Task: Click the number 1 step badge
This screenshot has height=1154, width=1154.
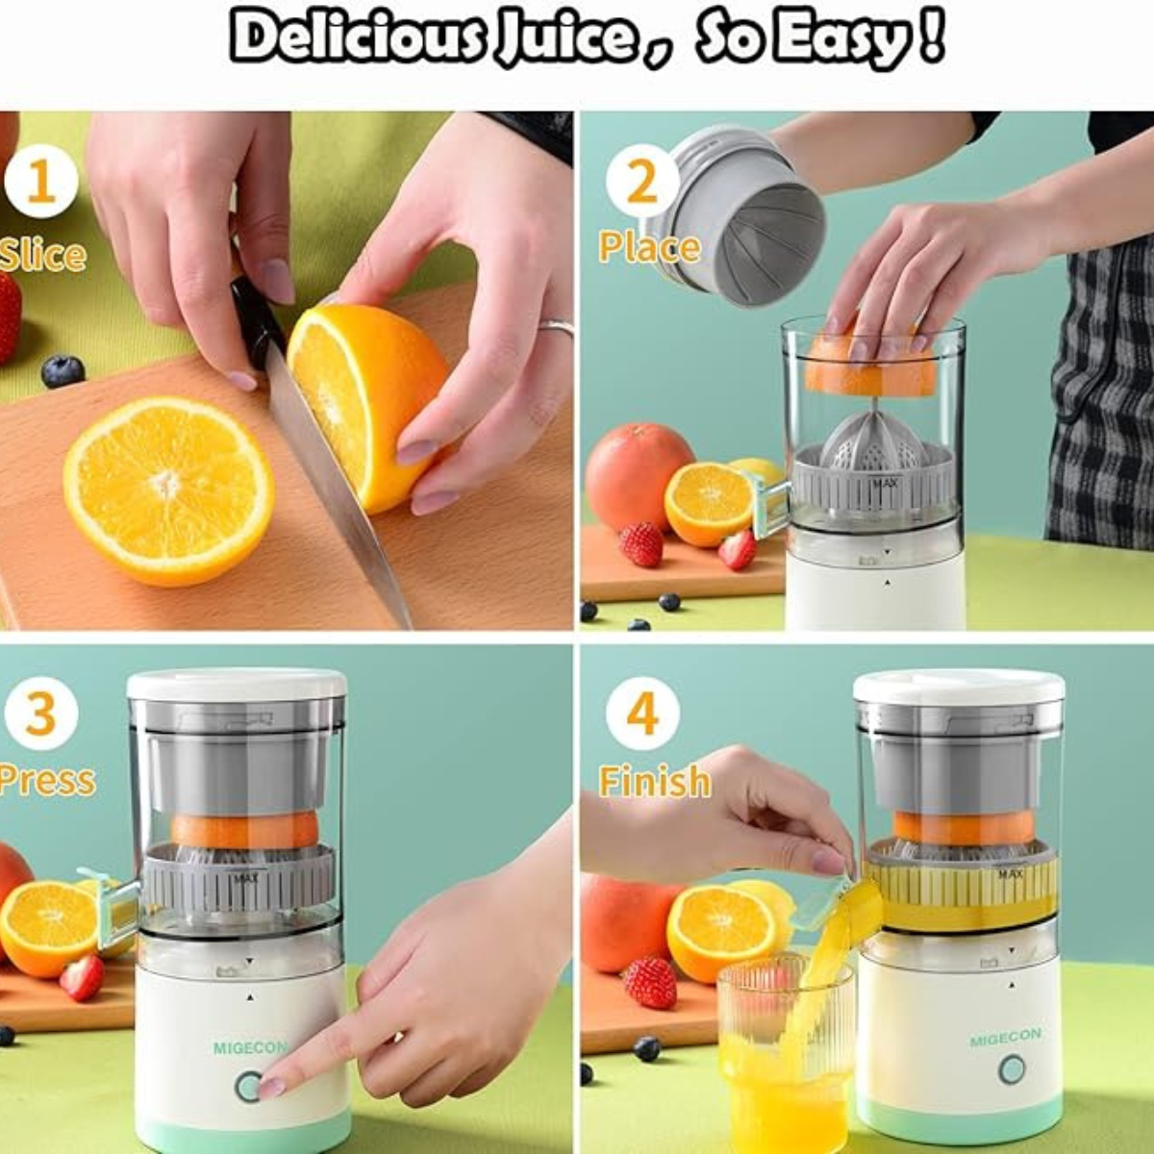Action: (x=40, y=182)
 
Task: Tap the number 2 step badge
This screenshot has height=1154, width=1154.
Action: (x=641, y=182)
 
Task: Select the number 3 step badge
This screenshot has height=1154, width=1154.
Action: (x=40, y=714)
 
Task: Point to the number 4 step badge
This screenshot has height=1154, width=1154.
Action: (x=641, y=714)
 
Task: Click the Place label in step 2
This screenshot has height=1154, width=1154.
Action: (x=649, y=247)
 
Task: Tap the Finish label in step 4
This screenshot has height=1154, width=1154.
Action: (x=655, y=780)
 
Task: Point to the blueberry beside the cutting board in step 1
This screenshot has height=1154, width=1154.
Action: (x=63, y=371)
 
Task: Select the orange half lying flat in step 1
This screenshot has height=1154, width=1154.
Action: (x=168, y=489)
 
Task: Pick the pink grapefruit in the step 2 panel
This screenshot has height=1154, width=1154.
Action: (x=638, y=476)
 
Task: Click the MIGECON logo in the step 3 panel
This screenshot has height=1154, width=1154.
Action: (x=250, y=1047)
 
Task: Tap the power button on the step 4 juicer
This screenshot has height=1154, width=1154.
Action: (x=1011, y=1068)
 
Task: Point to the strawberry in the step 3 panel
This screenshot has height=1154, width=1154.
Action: (x=83, y=976)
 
